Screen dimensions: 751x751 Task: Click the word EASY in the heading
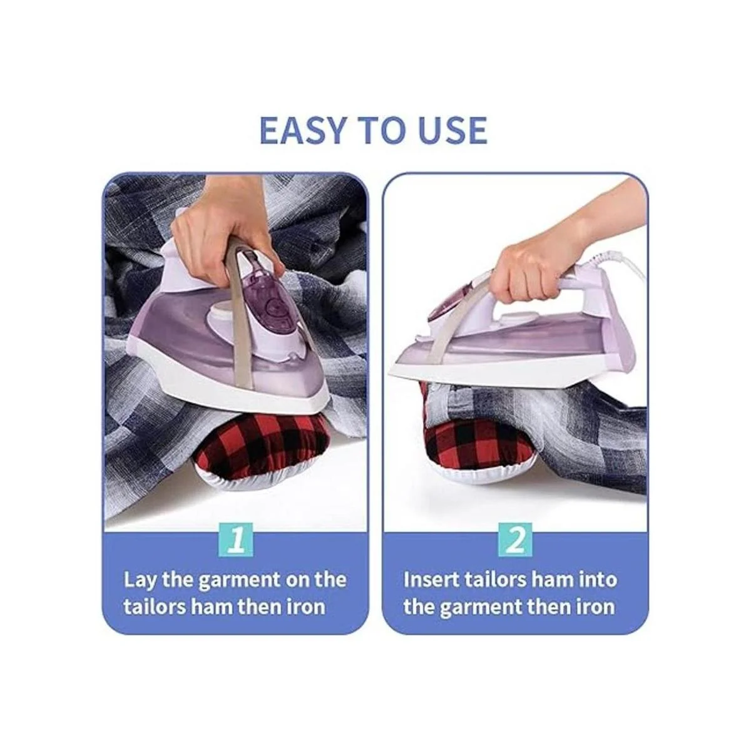[302, 129]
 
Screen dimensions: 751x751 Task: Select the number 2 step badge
[516, 539]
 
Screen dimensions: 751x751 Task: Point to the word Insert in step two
[431, 580]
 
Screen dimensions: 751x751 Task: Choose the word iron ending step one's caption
[306, 608]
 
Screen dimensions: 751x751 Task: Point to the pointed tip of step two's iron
[391, 375]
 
